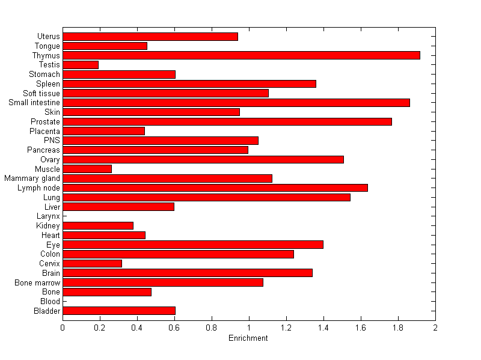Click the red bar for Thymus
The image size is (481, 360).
click(241, 55)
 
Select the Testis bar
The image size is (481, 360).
click(81, 64)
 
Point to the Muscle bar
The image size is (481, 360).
click(87, 169)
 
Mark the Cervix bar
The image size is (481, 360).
click(92, 263)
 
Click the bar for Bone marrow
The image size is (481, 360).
click(163, 282)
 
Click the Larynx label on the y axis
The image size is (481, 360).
click(48, 216)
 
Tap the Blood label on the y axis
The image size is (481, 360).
click(50, 301)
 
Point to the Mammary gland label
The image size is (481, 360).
click(32, 178)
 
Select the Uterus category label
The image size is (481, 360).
click(48, 36)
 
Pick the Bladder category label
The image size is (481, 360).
click(47, 311)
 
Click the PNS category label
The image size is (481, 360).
click(52, 140)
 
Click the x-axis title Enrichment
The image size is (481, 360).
click(248, 338)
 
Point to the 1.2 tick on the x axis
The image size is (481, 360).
click(286, 328)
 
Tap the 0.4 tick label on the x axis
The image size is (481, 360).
click(137, 328)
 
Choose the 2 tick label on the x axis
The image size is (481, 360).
click(435, 328)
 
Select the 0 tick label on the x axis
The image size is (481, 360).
click(63, 328)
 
